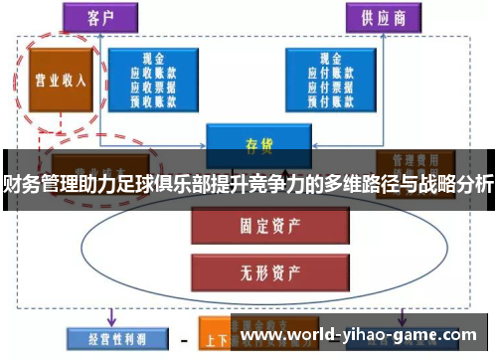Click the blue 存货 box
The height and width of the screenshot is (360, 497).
[259, 145]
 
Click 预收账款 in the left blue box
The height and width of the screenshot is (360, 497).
[154, 100]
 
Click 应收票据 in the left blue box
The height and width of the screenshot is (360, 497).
[154, 88]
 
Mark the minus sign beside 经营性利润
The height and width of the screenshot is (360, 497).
[184, 339]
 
